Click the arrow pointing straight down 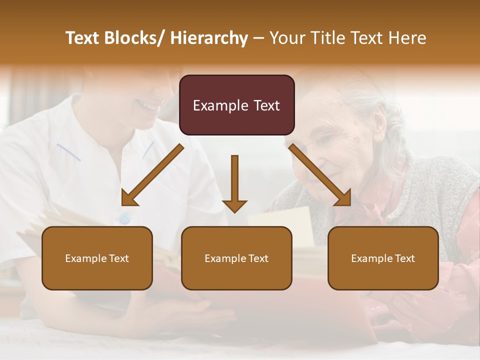point(234,182)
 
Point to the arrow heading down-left point(152,175)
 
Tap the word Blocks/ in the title point(139,38)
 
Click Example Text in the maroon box point(236,105)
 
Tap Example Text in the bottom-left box point(97,258)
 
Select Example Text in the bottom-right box point(383,258)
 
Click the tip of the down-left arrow point(123,204)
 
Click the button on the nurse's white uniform point(124,218)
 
